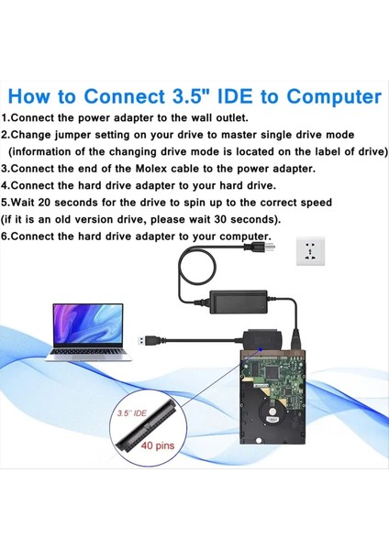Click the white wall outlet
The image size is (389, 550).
[313, 250]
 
